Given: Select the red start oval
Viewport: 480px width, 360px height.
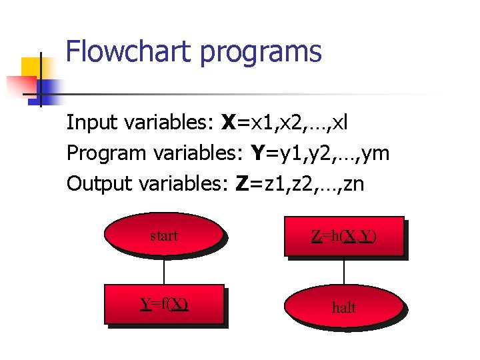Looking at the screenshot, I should click(163, 235).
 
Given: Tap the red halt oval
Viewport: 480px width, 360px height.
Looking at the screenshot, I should click(343, 307).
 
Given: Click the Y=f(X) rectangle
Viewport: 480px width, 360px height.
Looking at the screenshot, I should click(164, 304).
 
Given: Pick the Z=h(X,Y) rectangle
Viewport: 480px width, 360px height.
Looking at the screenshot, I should click(343, 235).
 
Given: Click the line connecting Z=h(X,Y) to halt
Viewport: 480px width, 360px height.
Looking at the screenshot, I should click(344, 273).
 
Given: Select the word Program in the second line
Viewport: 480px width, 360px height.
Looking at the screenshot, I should click(106, 154).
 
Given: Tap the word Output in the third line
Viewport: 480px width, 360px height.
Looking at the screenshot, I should click(99, 184).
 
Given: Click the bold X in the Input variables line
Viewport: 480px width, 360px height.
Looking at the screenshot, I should click(229, 123).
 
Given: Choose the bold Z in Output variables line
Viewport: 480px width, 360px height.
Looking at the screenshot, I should click(243, 184).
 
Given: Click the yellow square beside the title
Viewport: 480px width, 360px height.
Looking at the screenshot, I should click(31, 67).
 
